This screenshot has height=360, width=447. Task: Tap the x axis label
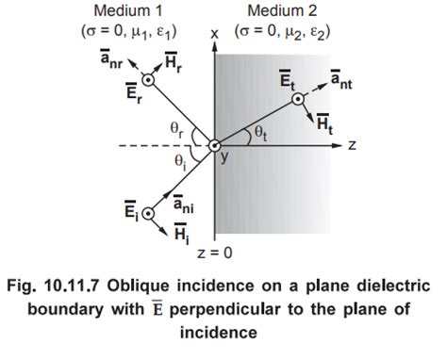tap(215, 35)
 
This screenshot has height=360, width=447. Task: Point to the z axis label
tap(350, 146)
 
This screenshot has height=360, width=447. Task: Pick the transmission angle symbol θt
tap(257, 135)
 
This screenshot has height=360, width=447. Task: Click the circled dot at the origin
tap(214, 145)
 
